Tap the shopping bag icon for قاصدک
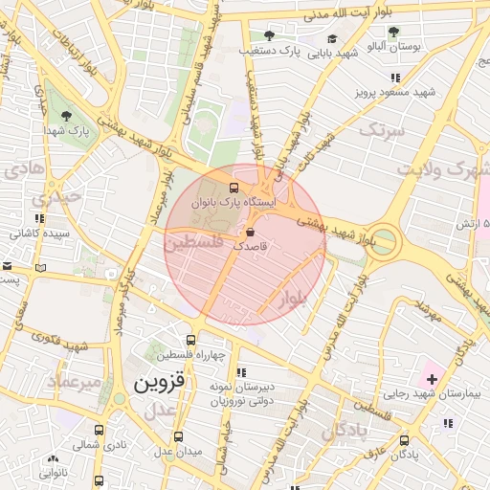coord(250,232)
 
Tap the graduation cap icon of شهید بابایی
coord(332,39)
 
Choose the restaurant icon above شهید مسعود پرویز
coord(394,78)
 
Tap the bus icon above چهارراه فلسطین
coord(192,340)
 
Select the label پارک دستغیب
coord(271,49)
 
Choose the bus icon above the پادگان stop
coord(405,441)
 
